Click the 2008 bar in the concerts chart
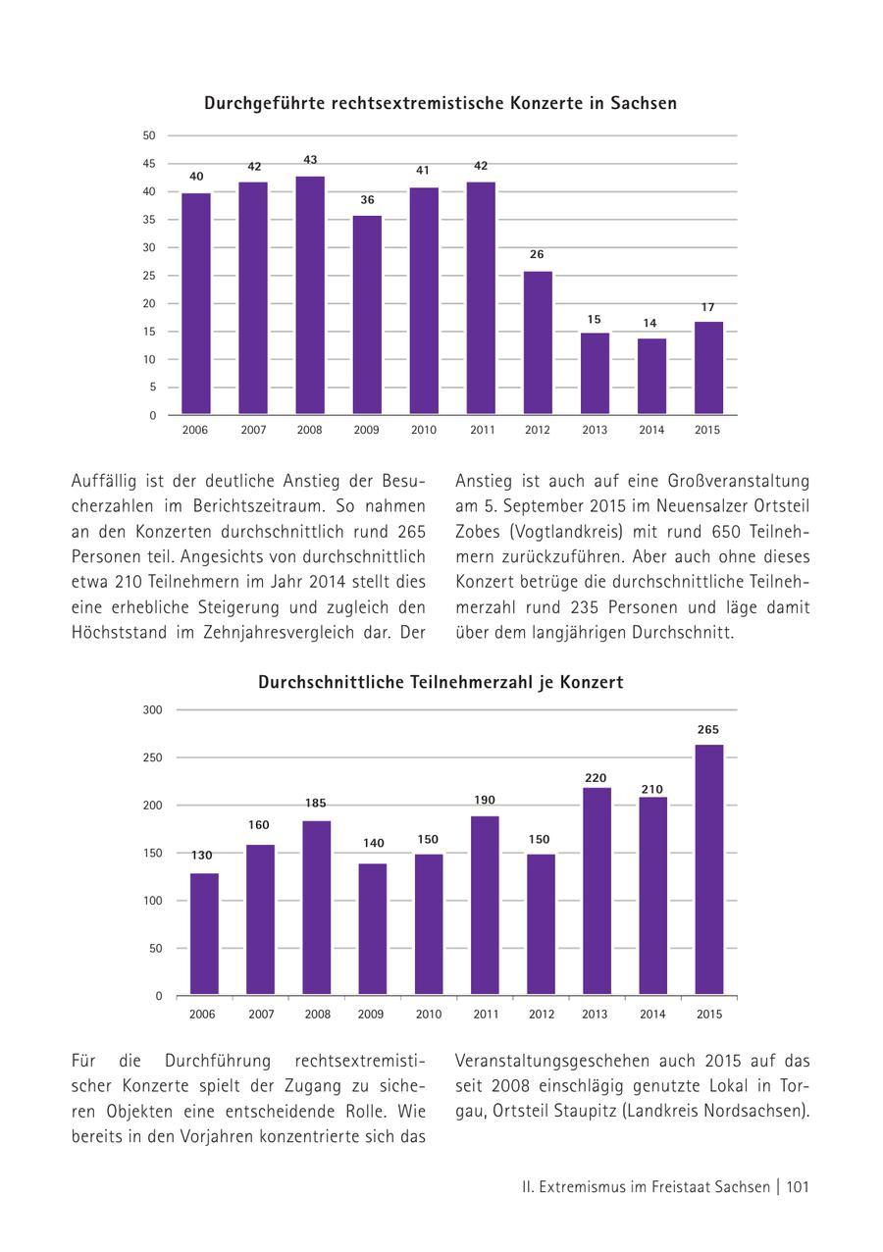tap(310, 295)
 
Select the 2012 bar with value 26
tap(538, 342)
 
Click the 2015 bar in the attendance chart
tap(709, 869)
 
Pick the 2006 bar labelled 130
tap(204, 933)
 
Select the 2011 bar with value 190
tap(485, 905)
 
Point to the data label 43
tap(310, 160)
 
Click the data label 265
tap(708, 730)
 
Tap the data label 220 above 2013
tap(596, 778)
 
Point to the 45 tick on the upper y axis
tap(149, 164)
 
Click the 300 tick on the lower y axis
tap(153, 709)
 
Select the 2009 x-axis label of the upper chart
tap(367, 430)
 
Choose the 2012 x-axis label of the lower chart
tap(542, 1015)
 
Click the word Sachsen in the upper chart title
tap(643, 103)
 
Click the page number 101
tap(798, 1187)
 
